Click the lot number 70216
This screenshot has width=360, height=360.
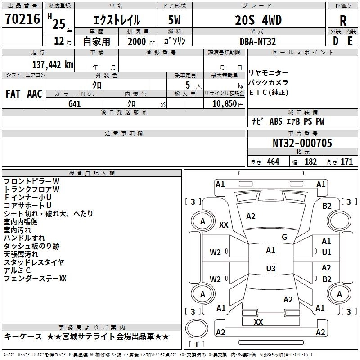coord(22,20)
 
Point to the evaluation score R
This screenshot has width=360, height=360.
coord(343,21)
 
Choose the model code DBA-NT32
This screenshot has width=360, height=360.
coord(258,41)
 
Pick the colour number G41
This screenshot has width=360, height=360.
coord(75,103)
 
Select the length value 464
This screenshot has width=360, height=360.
coord(273,162)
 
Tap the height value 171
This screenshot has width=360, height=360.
coord(346,162)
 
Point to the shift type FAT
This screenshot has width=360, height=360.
coord(13,94)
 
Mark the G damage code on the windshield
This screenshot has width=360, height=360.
coord(284,237)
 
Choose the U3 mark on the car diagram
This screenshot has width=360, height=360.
coord(270,269)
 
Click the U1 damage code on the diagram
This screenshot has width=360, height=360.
coord(327,252)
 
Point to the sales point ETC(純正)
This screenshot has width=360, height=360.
coord(269,93)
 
